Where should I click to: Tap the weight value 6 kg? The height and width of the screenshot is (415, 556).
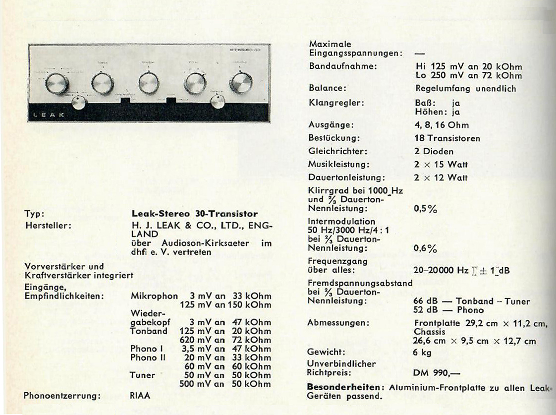pos(423,352)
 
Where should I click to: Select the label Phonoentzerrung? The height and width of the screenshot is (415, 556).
pos(62,396)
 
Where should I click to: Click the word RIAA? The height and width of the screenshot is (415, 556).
pos(140,396)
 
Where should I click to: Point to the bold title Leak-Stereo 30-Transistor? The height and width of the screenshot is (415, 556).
pos(194,214)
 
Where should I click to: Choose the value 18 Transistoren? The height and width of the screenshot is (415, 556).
pos(447,138)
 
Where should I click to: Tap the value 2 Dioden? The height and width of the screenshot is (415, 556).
pos(434,151)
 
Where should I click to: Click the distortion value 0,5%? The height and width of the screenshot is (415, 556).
pos(425,209)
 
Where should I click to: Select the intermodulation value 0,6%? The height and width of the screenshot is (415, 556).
pos(425,248)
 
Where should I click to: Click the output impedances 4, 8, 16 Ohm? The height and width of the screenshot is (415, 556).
pos(441,125)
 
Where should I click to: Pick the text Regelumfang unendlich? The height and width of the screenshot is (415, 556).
pos(465,89)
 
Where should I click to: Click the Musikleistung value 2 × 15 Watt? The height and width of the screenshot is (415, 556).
pos(441,164)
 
